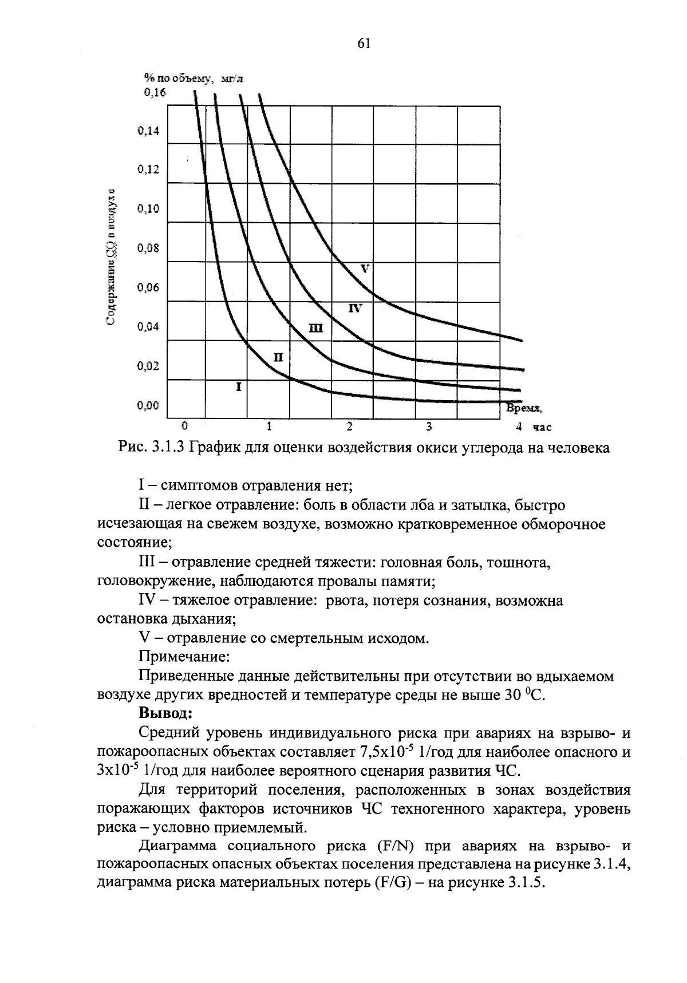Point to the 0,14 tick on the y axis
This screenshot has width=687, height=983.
click(149, 131)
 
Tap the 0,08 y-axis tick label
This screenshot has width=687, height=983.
click(149, 248)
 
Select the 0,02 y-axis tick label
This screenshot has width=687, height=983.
click(149, 366)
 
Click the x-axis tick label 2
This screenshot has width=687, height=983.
click(350, 427)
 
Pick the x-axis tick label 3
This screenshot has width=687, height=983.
click(428, 427)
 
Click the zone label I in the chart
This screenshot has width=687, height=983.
click(239, 387)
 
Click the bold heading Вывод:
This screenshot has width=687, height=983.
click(167, 713)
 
